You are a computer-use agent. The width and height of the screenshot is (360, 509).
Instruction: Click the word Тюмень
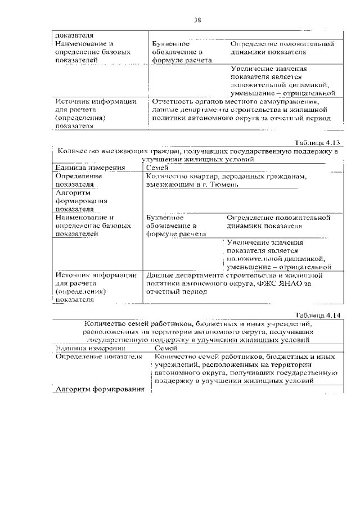pyautogui.click(x=226, y=184)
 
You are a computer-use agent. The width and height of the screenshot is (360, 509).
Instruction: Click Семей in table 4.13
pyautogui.click(x=157, y=167)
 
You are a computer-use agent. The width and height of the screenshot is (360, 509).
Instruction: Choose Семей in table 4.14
pyautogui.click(x=166, y=348)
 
